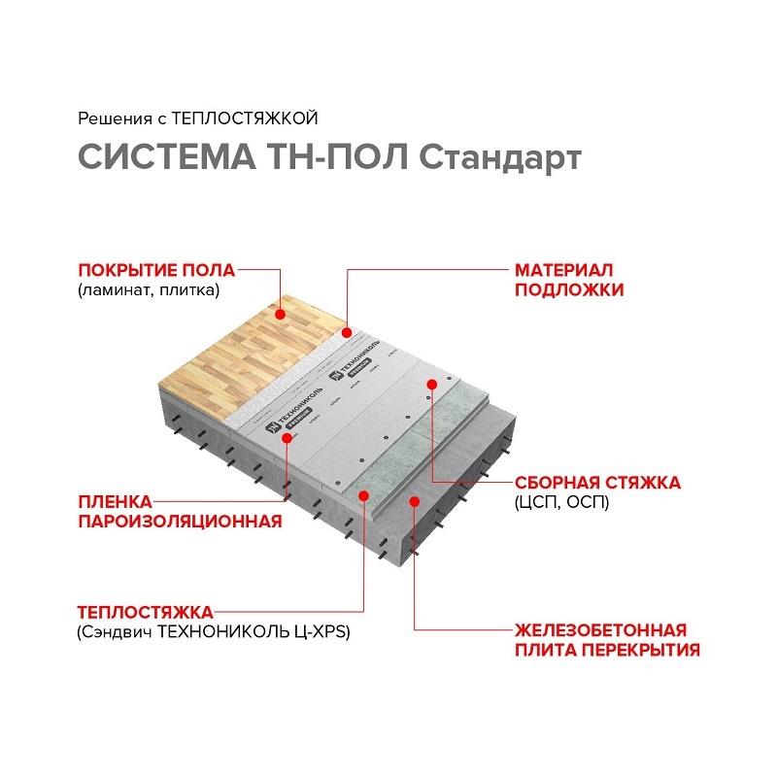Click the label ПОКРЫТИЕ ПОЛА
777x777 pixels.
157,270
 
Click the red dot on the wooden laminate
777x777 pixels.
280,314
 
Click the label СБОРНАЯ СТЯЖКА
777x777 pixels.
597,483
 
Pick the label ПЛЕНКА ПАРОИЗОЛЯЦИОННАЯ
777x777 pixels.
180,512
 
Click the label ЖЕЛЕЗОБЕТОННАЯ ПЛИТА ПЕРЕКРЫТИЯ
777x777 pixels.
606,640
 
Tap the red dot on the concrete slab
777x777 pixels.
415,501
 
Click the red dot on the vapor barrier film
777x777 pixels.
287,438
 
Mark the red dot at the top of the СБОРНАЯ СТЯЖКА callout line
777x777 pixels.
431,385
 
